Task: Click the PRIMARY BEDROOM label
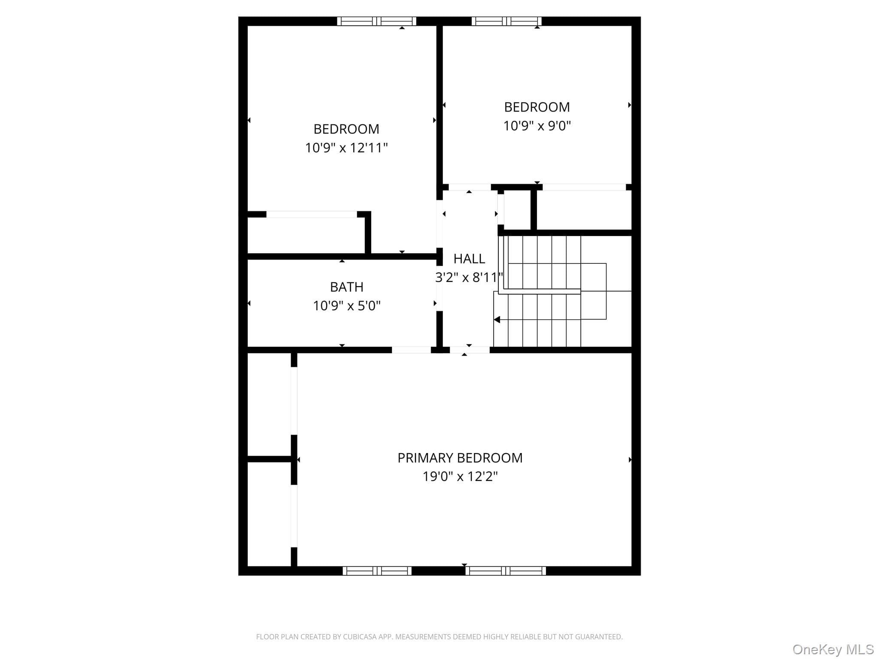click(460, 458)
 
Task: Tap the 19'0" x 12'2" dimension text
click(460, 476)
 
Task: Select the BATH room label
click(346, 287)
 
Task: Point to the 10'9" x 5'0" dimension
click(346, 305)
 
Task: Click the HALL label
click(469, 259)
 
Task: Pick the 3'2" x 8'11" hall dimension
click(469, 277)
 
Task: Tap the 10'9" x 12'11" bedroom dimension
click(346, 148)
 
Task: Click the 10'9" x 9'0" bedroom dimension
click(537, 126)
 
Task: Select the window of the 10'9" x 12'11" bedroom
click(376, 21)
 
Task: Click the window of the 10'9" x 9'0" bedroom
click(506, 21)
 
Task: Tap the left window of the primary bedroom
click(377, 571)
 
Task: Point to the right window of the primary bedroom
click(506, 571)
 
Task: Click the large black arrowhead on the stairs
click(497, 320)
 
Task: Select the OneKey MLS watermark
click(833, 650)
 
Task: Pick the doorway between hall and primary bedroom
click(470, 350)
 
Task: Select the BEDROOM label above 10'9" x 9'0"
click(537, 107)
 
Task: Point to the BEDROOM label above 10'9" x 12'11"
click(346, 129)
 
